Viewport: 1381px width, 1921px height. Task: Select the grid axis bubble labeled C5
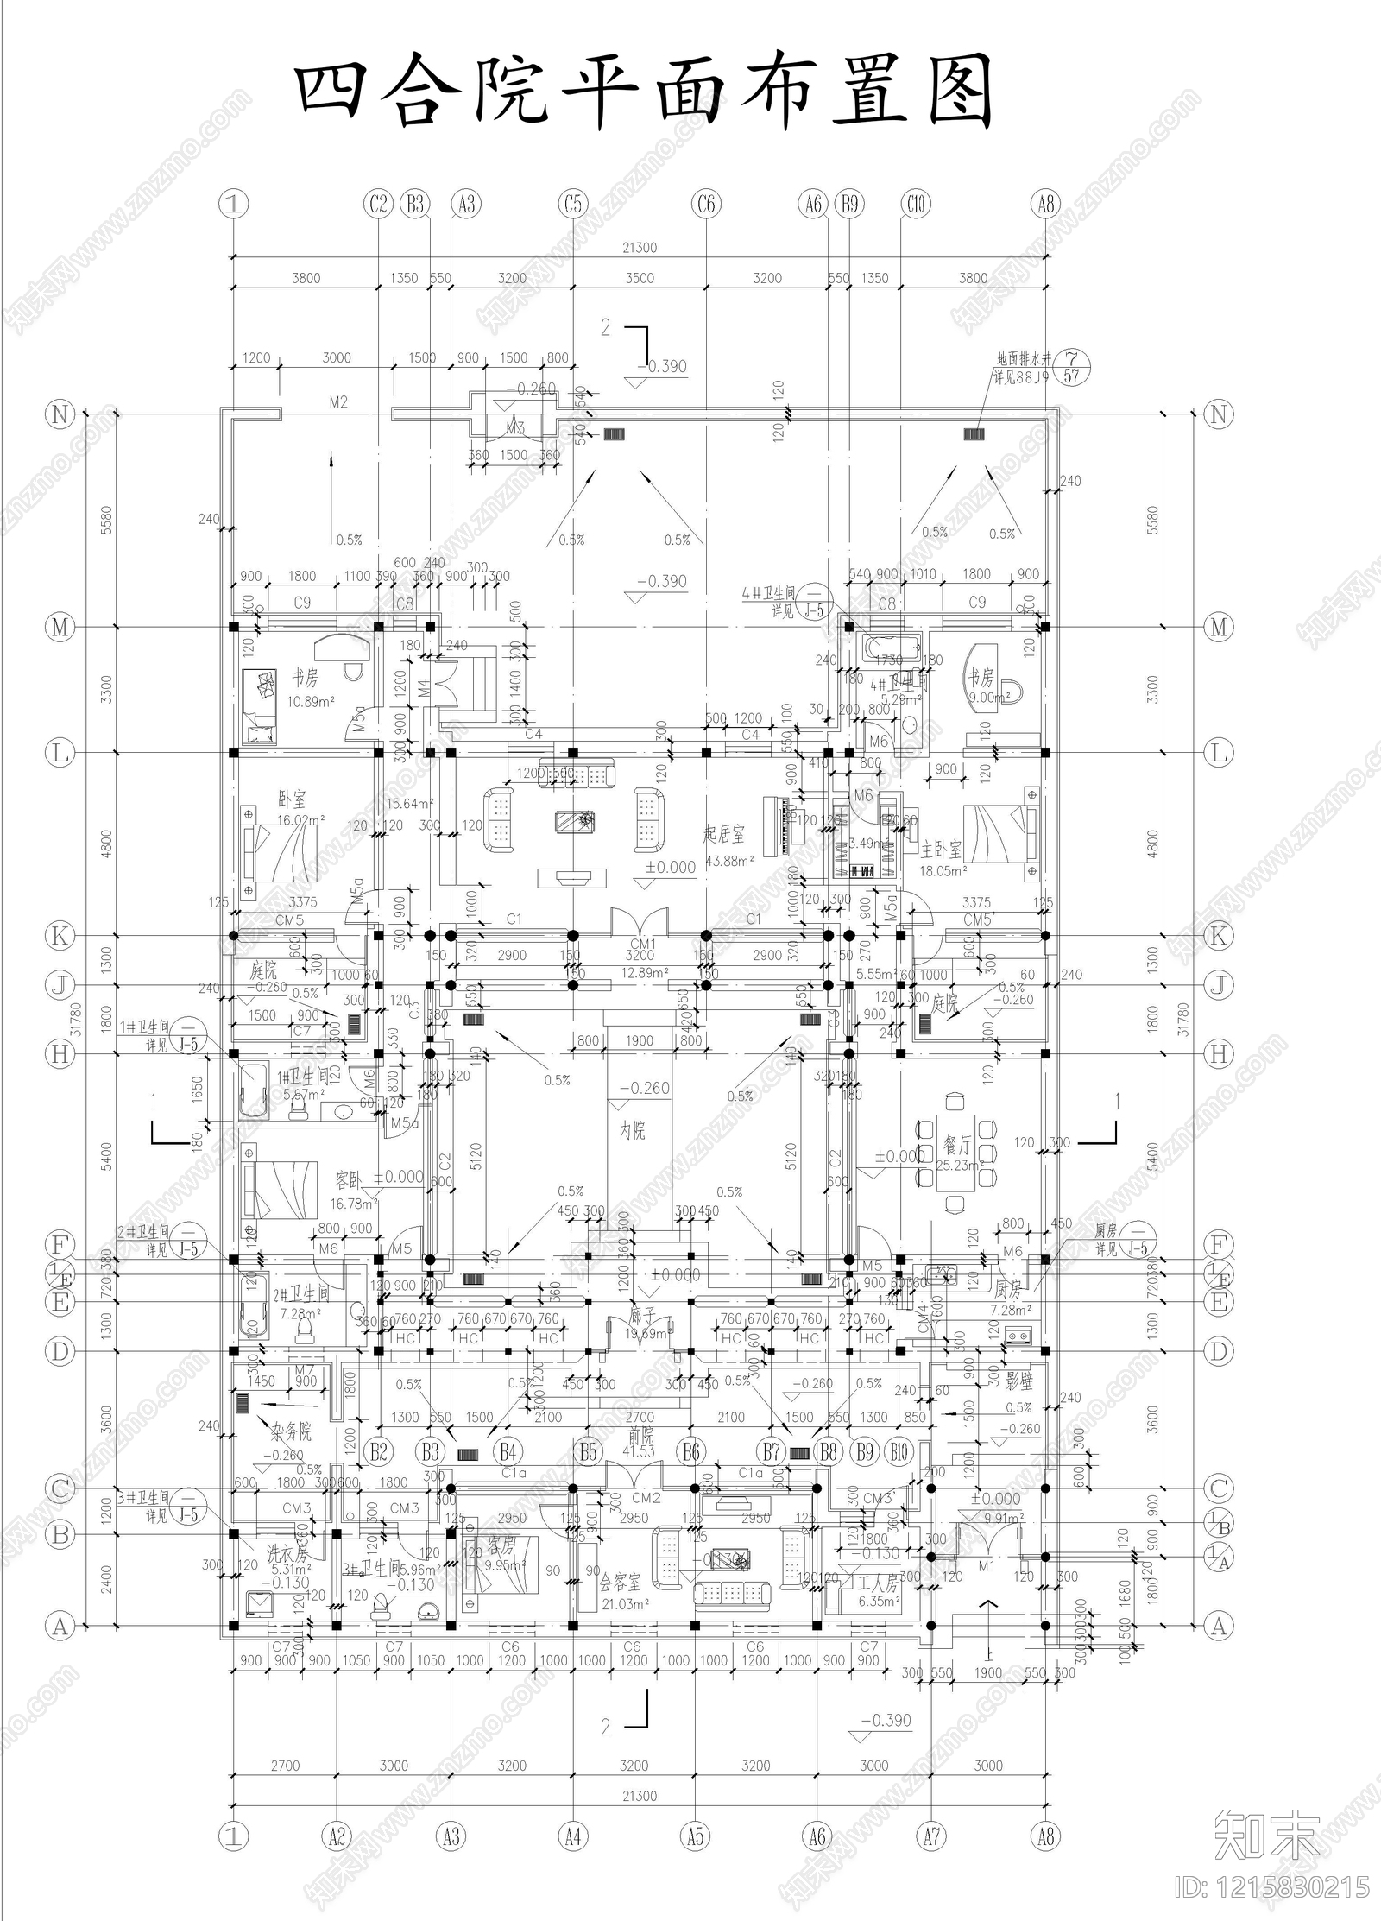tap(573, 205)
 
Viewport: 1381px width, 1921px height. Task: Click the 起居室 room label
tap(723, 833)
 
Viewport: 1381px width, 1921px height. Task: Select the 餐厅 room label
tap(957, 1145)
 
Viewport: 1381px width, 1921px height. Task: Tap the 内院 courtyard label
tap(633, 1130)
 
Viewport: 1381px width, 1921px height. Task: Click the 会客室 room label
tap(621, 1582)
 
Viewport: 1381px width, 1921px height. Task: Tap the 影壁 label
tap(1019, 1381)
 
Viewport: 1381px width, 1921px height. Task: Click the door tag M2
tap(337, 402)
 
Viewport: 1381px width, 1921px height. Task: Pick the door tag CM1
tap(642, 944)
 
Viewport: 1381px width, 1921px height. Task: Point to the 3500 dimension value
tap(640, 278)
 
